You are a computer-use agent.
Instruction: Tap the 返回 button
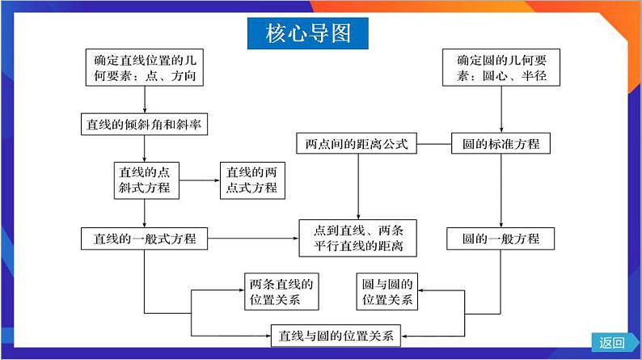(612, 342)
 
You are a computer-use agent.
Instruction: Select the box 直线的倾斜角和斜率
(144, 125)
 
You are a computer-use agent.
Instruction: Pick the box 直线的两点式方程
(251, 180)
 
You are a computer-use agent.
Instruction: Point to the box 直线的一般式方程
(145, 238)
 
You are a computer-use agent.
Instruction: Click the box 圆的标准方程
(501, 144)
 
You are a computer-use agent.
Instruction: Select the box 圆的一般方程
(501, 239)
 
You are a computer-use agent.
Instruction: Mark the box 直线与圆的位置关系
(336, 335)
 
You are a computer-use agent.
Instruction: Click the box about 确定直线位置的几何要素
(144, 68)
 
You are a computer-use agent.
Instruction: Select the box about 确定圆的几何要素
(501, 68)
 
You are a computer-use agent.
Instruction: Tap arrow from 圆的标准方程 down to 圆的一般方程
(501, 190)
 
